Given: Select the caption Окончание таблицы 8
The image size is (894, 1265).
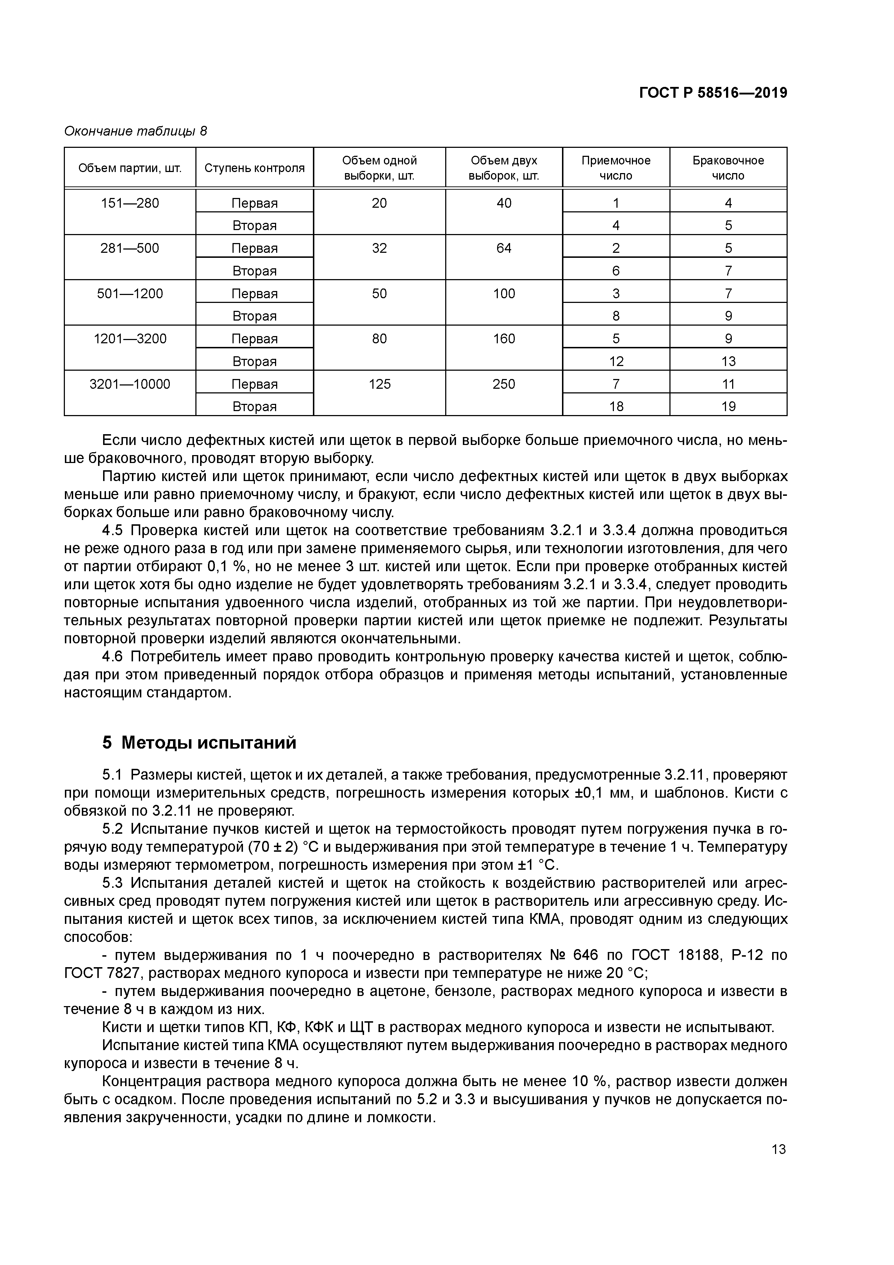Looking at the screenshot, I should click(136, 131).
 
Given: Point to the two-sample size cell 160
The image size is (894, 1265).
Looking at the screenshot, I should click(504, 339).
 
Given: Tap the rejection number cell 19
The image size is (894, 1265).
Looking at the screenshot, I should click(728, 407).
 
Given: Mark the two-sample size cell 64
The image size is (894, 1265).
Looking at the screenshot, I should click(504, 248).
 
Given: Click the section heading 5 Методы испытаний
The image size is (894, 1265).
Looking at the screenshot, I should click(199, 743).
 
